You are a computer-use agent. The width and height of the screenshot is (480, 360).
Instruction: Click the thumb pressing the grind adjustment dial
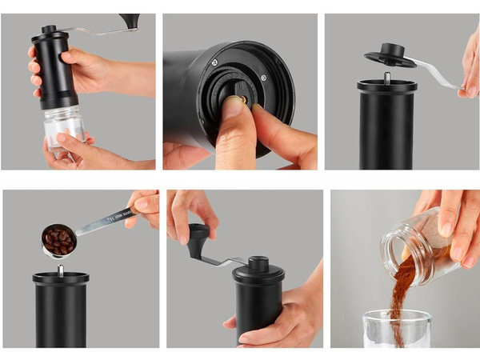click(x=232, y=120)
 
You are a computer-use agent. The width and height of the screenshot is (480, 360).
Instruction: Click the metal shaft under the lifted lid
click(x=386, y=77)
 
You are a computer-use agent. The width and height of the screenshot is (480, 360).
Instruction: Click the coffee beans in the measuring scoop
click(x=59, y=239)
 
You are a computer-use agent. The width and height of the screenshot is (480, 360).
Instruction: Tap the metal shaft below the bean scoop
click(x=60, y=270)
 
